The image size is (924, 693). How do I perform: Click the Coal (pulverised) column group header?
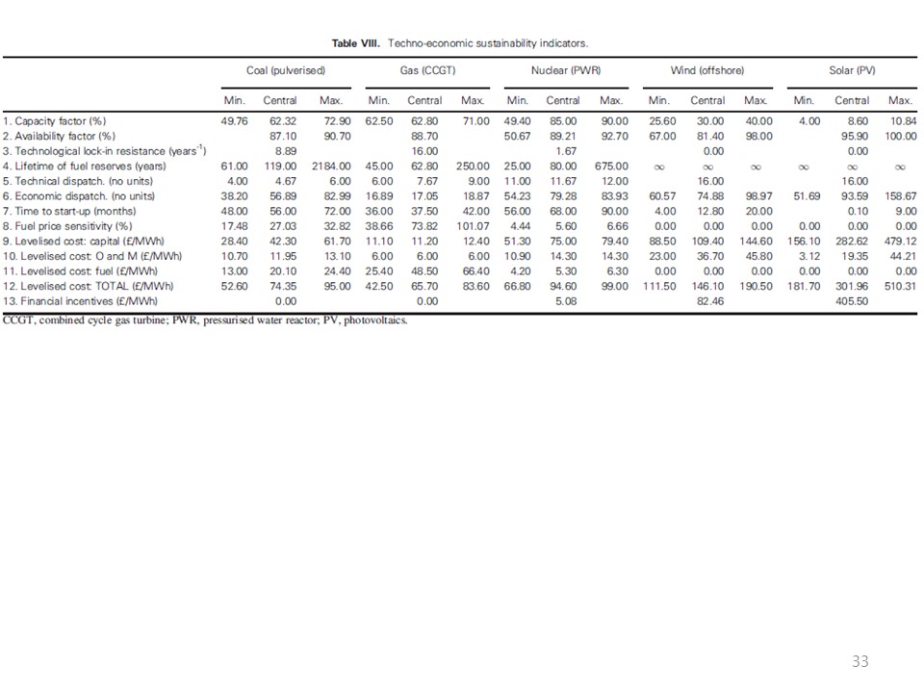tap(286, 71)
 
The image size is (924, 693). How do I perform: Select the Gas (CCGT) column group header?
tap(429, 71)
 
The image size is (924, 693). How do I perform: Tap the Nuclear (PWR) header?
tap(566, 71)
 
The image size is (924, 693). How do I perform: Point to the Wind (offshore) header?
tap(707, 71)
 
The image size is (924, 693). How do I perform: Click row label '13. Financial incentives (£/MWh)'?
tap(81, 300)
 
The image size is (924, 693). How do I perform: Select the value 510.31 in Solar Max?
tap(897, 286)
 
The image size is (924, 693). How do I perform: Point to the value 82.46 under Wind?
tap(708, 300)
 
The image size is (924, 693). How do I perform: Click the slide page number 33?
tap(860, 662)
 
